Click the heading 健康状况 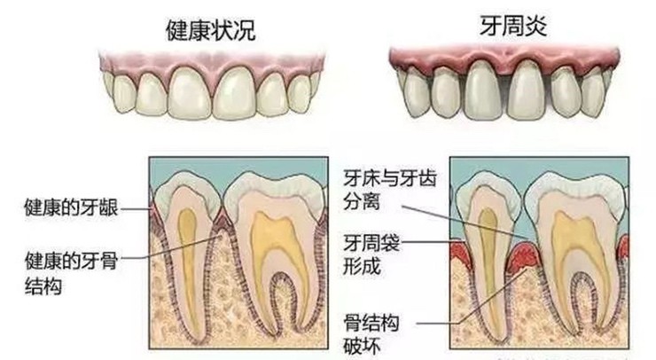(x=210, y=30)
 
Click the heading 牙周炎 (x=513, y=26)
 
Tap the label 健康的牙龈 (x=71, y=208)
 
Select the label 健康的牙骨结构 (x=71, y=273)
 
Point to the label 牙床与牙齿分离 (x=390, y=190)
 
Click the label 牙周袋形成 (x=371, y=254)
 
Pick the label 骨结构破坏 (x=371, y=334)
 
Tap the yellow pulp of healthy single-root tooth (x=188, y=268)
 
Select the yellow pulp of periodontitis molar (x=580, y=260)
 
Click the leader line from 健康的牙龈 (x=135, y=208)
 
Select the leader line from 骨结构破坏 (x=472, y=296)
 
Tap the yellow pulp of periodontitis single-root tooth (x=488, y=268)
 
